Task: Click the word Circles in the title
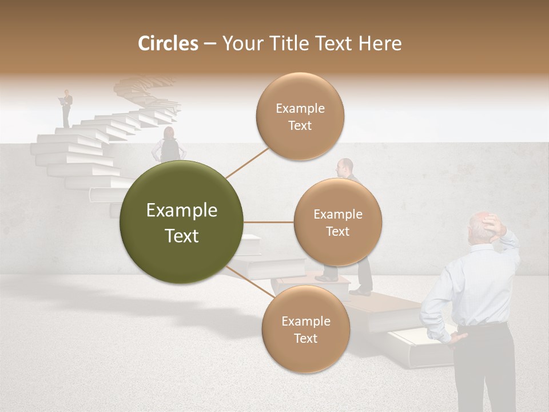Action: pos(168,43)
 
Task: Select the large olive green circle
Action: pos(181,222)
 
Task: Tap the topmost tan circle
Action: pos(300,116)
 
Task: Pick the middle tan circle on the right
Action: pos(337,222)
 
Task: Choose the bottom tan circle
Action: pos(305,329)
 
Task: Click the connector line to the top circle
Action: pos(247,162)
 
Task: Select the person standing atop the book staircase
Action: pos(67,108)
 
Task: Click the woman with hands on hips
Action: pos(169,145)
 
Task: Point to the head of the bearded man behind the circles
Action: pos(344,167)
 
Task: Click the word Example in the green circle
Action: pos(181,211)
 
